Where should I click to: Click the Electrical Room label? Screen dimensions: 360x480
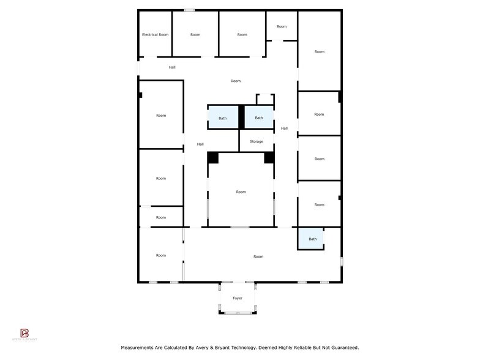(155, 35)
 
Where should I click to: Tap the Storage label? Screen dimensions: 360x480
(257, 141)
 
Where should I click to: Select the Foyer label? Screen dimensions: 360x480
(238, 298)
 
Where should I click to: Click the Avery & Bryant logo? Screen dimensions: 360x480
(24, 333)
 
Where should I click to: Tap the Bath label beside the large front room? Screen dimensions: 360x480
(312, 239)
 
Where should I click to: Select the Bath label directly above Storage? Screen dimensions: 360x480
(259, 118)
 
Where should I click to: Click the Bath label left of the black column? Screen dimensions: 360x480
(222, 118)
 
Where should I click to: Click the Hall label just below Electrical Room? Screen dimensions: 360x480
(172, 67)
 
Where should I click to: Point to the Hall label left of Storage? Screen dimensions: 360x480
(200, 144)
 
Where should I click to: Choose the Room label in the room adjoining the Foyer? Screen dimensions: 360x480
(258, 257)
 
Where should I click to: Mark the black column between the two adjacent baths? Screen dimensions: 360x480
(242, 116)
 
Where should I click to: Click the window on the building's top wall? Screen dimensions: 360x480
(190, 10)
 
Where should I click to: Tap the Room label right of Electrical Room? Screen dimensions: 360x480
(195, 35)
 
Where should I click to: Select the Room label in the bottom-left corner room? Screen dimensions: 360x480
(160, 255)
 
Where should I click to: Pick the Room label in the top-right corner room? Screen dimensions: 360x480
(319, 51)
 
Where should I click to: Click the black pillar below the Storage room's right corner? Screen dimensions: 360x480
(269, 157)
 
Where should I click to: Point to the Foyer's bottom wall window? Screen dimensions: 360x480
(238, 313)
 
